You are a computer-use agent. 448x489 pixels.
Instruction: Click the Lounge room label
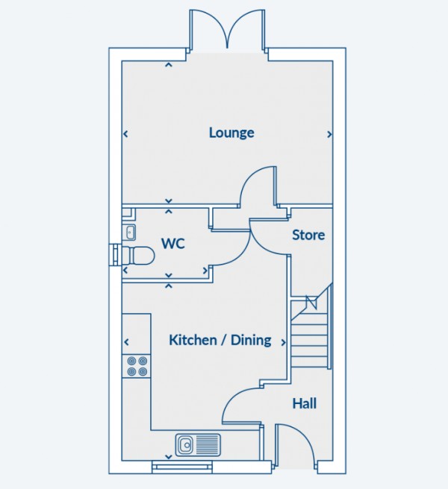pos(231,133)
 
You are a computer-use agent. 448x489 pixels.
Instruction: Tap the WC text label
pos(172,244)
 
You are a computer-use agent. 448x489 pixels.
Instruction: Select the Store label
pos(308,235)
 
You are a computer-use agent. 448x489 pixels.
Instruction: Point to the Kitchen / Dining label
pos(220,340)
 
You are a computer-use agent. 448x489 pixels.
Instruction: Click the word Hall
pos(304,403)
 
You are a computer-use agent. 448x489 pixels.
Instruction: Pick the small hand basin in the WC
pos(129,230)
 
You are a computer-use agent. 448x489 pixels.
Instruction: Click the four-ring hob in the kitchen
pos(137,366)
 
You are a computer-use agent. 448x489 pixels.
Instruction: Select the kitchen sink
pos(199,445)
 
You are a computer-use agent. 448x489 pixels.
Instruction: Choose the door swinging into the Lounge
pos(258,186)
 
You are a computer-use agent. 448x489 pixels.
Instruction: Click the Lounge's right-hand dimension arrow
pos(329,134)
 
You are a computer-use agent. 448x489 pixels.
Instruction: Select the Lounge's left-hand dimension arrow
pos(125,134)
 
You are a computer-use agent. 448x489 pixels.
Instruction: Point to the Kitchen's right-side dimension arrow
pos(283,342)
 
